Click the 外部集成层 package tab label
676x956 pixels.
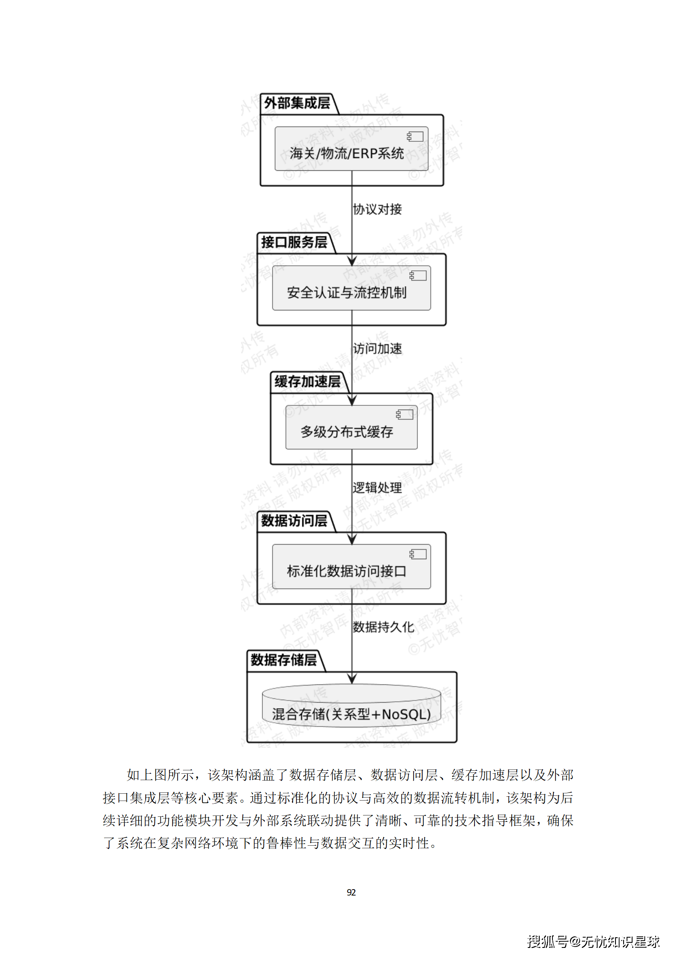(297, 103)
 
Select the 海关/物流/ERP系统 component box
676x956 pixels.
(351, 149)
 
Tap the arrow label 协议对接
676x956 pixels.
(377, 210)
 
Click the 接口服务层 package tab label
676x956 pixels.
(294, 242)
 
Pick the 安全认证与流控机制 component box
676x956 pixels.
(351, 288)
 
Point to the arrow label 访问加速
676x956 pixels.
(377, 349)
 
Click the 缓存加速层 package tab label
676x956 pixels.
(307, 382)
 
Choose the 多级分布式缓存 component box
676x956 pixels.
(351, 428)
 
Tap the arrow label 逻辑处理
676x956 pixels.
(377, 488)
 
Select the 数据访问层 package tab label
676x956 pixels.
(294, 521)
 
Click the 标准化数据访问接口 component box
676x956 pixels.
(351, 567)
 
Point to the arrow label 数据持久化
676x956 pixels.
(383, 627)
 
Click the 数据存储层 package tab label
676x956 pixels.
(284, 660)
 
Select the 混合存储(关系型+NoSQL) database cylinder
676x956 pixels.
(351, 707)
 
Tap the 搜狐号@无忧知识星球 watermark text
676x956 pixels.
(593, 941)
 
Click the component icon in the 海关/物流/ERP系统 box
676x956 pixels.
(415, 137)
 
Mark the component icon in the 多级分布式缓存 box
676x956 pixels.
(404, 415)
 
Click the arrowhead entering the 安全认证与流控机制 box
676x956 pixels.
(352, 261)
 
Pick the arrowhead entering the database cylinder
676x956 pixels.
(352, 678)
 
